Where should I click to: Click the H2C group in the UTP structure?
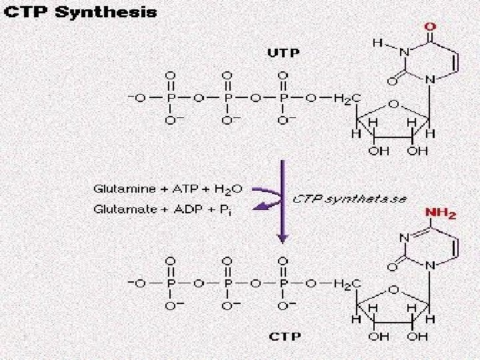(x=348, y=99)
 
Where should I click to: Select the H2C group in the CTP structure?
(x=348, y=284)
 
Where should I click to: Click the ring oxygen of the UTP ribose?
(x=395, y=104)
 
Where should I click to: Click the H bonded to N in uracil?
(x=378, y=42)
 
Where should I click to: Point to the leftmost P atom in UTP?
(x=173, y=99)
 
